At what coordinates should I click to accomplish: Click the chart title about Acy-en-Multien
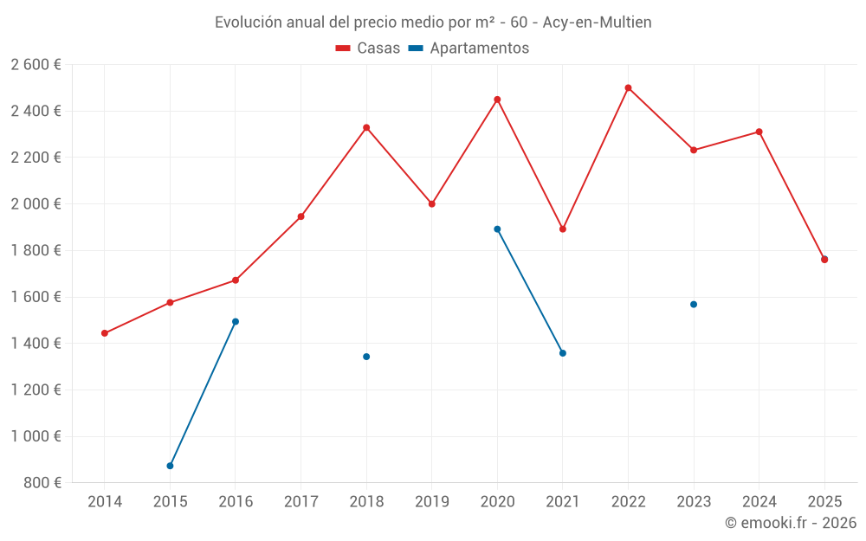433,22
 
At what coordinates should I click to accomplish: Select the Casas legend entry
368,48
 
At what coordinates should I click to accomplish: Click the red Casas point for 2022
628,87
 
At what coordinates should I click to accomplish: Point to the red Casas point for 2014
105,333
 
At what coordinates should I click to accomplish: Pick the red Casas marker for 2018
366,127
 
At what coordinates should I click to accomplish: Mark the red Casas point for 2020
497,100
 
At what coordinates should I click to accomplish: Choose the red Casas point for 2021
563,229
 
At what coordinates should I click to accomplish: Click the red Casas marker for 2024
759,132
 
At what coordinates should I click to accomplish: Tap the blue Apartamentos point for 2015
170,466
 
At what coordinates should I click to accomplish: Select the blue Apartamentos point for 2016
236,321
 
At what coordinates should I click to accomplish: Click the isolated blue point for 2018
366,357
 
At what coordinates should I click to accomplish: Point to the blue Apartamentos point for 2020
497,229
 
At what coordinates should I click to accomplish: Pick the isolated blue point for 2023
694,304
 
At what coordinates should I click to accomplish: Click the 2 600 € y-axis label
36,65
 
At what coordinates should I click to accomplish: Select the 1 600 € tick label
36,297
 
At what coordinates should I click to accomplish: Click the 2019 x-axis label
431,502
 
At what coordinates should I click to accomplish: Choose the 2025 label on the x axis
824,502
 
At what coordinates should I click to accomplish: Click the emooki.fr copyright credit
791,523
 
